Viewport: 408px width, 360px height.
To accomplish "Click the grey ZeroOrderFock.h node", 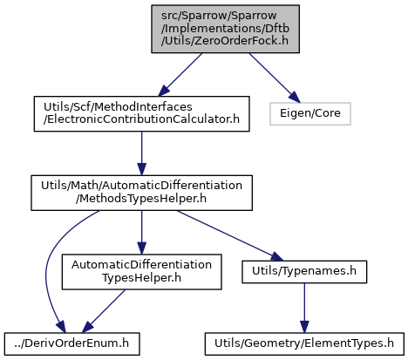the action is point(225,29).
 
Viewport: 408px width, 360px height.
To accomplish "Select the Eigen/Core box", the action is point(310,113).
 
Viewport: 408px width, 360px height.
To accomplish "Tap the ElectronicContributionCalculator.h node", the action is point(141,113).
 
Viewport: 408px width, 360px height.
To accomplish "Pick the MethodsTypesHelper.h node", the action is point(141,193).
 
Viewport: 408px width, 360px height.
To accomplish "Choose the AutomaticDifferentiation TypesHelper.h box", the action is point(141,272).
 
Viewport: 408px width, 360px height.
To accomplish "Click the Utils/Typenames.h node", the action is point(304,272).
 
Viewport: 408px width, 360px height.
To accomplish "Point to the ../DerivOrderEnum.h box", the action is point(71,343).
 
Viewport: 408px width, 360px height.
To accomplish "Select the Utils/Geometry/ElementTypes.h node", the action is point(304,343).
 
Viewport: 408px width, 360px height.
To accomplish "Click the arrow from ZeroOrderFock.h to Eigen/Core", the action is point(275,78).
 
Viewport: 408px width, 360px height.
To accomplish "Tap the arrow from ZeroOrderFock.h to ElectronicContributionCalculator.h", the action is point(180,75).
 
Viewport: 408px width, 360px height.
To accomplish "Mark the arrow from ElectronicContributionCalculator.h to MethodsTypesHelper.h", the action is point(141,153).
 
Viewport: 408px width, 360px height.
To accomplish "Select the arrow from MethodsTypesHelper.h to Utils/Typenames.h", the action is point(229,235).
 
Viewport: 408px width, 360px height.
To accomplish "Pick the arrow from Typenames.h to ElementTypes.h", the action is point(304,308).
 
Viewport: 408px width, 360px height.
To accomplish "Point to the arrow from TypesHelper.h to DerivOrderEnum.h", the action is point(104,311).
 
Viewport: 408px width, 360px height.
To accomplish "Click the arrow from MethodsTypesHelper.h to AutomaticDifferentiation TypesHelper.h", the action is point(141,233).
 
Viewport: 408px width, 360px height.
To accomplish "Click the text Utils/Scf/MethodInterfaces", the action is point(118,107).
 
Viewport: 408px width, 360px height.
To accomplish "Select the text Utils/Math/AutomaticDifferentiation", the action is point(141,186).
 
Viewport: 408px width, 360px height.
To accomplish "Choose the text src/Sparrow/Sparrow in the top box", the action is point(219,16).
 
